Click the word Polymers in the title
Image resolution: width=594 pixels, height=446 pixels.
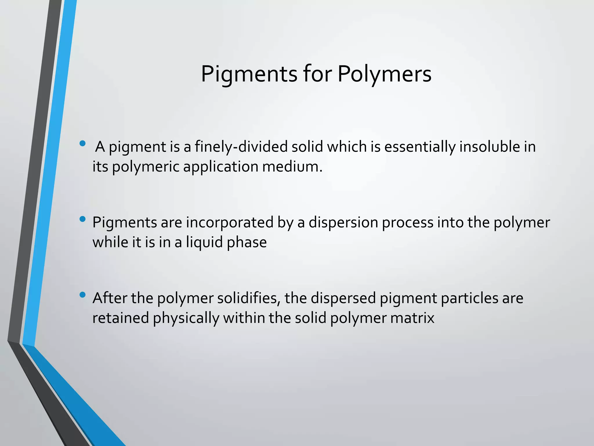tap(384, 74)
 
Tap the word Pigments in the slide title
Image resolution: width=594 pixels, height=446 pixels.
tap(249, 74)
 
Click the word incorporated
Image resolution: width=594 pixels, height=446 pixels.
tap(230, 223)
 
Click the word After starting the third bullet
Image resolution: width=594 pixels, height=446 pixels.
tap(110, 298)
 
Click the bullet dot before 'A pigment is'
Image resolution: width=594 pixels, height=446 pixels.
tap(83, 143)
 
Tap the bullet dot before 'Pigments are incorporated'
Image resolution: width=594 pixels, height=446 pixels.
tap(83, 219)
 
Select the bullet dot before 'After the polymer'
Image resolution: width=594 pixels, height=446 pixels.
tap(83, 295)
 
